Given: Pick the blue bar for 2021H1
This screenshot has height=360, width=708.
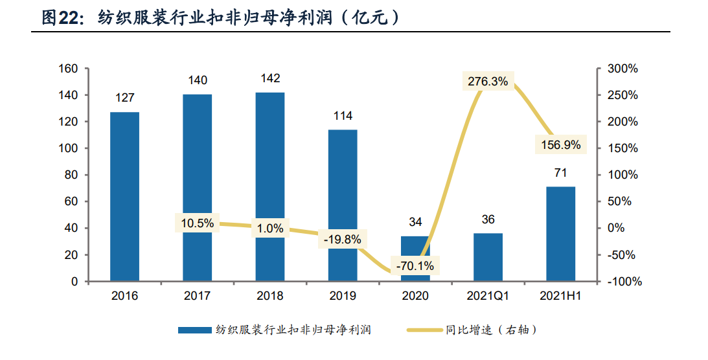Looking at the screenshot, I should click(560, 233).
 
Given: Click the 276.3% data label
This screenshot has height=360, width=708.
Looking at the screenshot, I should click(488, 82).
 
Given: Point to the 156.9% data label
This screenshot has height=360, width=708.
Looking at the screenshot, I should click(561, 144).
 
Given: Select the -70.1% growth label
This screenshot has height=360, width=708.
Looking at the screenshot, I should click(415, 265).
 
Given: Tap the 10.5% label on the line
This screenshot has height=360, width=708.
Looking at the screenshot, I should click(197, 223).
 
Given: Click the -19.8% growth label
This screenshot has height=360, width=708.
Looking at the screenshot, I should click(342, 239).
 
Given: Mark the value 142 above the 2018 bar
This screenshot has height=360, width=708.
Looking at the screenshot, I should click(270, 78).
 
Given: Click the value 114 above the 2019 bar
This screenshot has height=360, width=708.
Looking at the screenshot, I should click(343, 116).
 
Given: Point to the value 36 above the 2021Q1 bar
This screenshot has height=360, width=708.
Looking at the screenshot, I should click(488, 219).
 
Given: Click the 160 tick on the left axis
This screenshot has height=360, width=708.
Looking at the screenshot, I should click(69, 69).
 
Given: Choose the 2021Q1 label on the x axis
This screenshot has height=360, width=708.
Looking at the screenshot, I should click(488, 296).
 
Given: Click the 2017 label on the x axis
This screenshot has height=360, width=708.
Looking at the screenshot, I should click(197, 296).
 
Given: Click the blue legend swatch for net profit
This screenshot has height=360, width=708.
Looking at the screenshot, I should click(195, 330).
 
